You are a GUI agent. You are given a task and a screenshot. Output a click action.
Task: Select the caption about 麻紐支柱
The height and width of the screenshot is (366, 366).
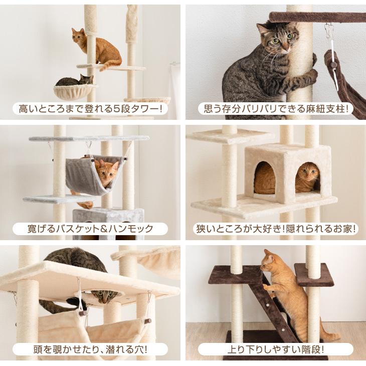click(x=275, y=108)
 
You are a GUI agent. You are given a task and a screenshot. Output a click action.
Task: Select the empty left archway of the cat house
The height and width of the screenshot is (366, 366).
click(x=264, y=178)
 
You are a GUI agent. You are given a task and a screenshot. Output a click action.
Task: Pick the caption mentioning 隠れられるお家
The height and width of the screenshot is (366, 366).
click(x=275, y=229)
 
